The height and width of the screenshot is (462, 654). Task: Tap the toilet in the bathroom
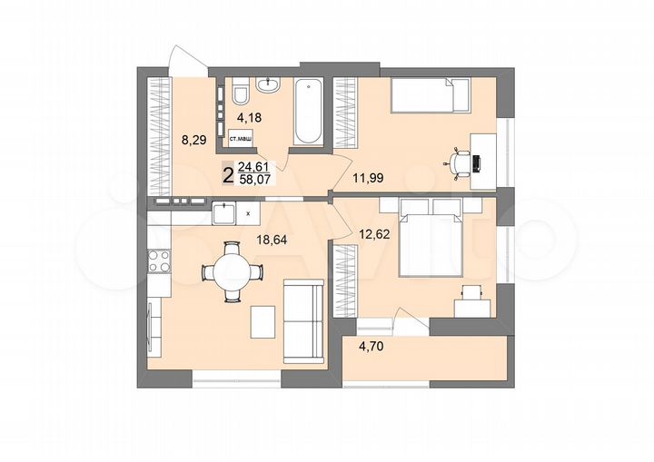tap(241, 93)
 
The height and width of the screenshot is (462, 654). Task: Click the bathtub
tap(308, 112)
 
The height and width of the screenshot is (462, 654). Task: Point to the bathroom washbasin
tap(269, 86)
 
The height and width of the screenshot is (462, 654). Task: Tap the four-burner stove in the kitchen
tap(159, 261)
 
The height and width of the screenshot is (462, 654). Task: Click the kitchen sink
tap(223, 213)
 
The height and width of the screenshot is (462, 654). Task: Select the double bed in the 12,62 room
tap(431, 240)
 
